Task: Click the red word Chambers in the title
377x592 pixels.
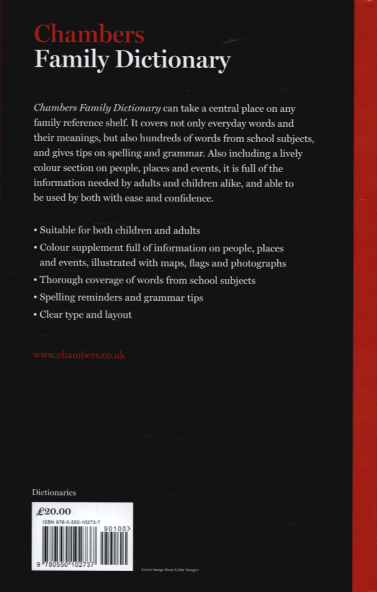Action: (x=88, y=34)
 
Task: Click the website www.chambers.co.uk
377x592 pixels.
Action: (x=79, y=355)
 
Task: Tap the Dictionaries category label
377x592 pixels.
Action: (x=54, y=492)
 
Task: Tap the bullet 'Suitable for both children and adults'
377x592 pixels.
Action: (x=118, y=230)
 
